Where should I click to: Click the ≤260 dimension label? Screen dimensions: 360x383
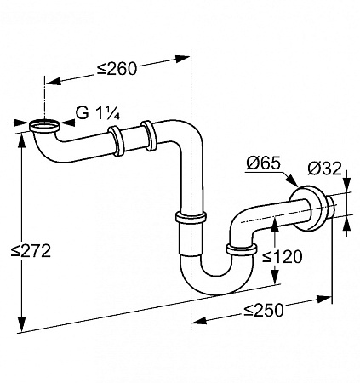(x=117, y=69)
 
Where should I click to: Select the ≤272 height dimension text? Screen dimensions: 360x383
(x=31, y=251)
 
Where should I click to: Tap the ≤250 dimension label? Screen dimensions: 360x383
(x=263, y=310)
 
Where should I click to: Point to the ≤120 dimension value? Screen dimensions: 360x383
(x=282, y=257)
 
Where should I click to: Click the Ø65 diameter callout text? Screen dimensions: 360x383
(x=263, y=163)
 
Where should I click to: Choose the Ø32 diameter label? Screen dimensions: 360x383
(x=324, y=169)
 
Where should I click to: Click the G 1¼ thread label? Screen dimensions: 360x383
(x=98, y=113)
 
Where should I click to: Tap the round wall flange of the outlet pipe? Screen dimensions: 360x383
(x=308, y=209)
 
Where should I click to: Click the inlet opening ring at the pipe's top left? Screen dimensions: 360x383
(x=44, y=126)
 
